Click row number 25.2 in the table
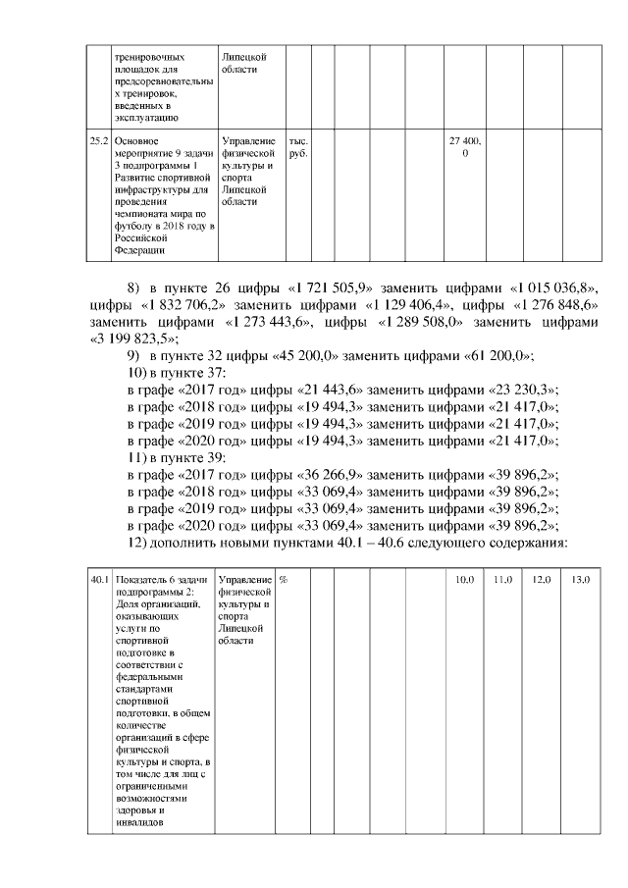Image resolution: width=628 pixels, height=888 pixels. [x=98, y=142]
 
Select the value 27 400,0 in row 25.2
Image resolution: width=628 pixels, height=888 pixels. [x=464, y=148]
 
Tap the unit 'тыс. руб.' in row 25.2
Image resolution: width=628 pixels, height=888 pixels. [x=297, y=148]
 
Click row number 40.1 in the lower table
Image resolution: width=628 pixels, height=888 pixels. [x=98, y=580]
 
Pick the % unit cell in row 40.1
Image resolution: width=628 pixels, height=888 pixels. [x=284, y=580]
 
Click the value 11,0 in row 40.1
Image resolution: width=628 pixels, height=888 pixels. [x=502, y=580]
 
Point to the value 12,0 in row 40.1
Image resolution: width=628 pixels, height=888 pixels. [x=541, y=580]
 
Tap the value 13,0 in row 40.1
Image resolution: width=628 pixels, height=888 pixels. [x=580, y=580]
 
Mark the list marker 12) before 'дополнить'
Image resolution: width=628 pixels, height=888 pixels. [x=141, y=544]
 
